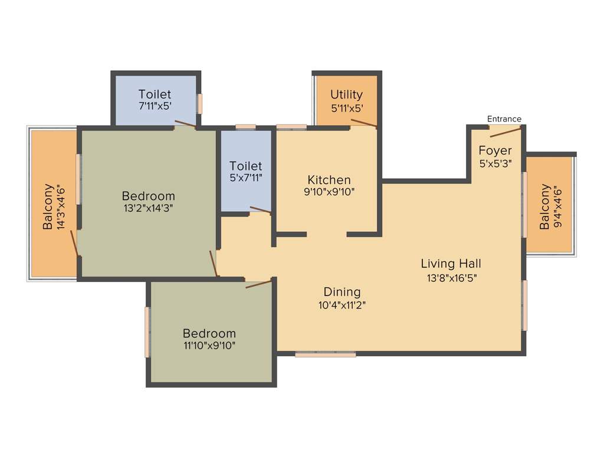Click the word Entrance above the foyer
(x=504, y=119)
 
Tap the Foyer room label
(x=495, y=150)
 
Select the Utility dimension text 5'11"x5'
(x=346, y=108)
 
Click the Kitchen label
(x=329, y=180)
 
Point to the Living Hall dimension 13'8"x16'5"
(x=451, y=278)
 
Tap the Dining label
(x=342, y=292)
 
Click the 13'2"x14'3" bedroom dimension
(x=148, y=208)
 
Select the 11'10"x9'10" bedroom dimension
(x=209, y=346)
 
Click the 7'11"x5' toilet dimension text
(x=155, y=107)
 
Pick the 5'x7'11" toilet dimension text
(x=245, y=178)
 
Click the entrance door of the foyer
(x=505, y=131)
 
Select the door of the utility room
(x=363, y=123)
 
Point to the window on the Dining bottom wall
(x=326, y=354)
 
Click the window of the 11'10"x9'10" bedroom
(x=147, y=331)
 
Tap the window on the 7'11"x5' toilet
(x=200, y=103)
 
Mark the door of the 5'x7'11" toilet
(x=260, y=209)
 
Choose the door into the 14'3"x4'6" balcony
(x=75, y=243)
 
